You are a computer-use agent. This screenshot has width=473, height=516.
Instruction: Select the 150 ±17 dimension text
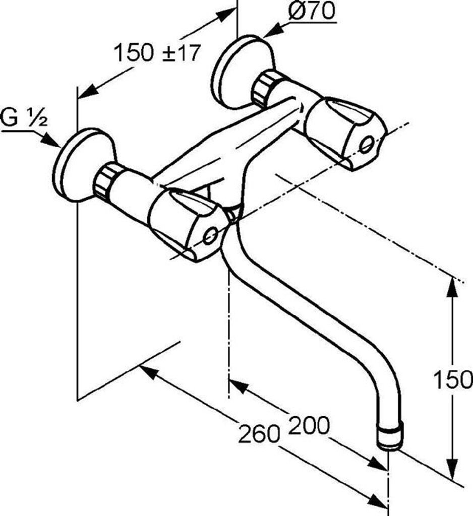click(x=157, y=52)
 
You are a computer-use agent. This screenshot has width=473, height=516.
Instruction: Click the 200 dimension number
click(x=308, y=426)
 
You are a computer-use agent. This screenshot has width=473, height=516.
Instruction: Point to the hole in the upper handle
click(x=367, y=145)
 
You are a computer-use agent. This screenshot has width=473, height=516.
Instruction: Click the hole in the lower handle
click(x=212, y=235)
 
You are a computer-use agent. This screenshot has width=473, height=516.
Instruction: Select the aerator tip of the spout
click(x=391, y=438)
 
